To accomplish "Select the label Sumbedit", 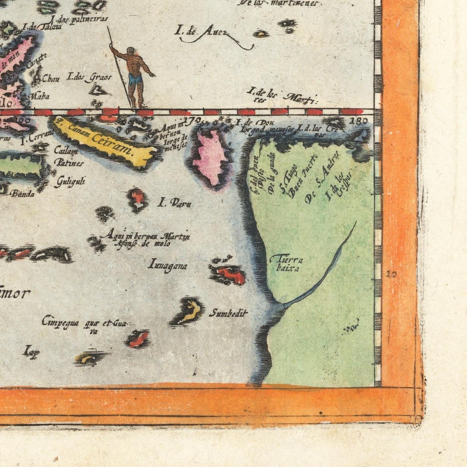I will tap(228, 314).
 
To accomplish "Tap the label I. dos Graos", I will tap(88, 77).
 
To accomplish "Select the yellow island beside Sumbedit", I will tap(191, 310).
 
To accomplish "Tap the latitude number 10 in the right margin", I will tap(392, 274).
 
